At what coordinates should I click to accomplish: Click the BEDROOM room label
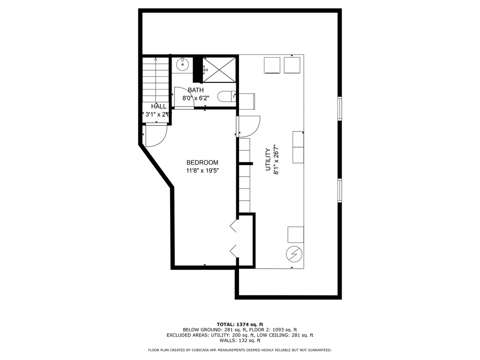(x=202, y=163)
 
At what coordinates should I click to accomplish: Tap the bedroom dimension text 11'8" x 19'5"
(x=202, y=171)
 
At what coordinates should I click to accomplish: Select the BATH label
(x=195, y=90)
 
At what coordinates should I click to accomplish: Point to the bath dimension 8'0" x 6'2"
(x=195, y=98)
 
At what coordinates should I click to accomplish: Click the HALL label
(x=158, y=106)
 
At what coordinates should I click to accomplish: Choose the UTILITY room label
(x=268, y=159)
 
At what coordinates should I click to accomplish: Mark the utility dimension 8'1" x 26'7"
(x=276, y=159)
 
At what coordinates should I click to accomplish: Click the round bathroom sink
(x=182, y=65)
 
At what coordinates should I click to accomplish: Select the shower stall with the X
(x=219, y=70)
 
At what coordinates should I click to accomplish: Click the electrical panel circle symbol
(x=294, y=255)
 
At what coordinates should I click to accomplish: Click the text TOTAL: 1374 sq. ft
(x=240, y=324)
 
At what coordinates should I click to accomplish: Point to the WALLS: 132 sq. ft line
(x=240, y=340)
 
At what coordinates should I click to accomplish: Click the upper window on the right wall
(x=339, y=109)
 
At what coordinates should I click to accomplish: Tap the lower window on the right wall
(x=339, y=190)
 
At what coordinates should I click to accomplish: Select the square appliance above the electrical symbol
(x=296, y=234)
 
